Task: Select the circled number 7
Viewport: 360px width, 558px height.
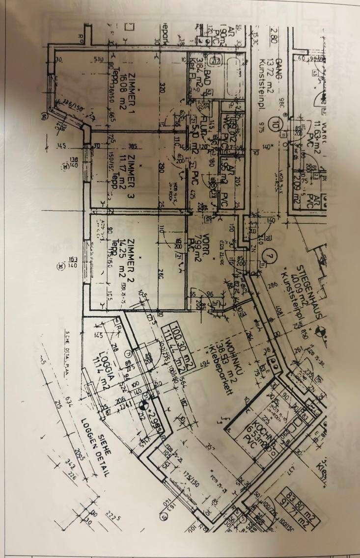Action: tap(268, 256)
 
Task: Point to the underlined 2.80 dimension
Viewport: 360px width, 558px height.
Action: tap(275, 37)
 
